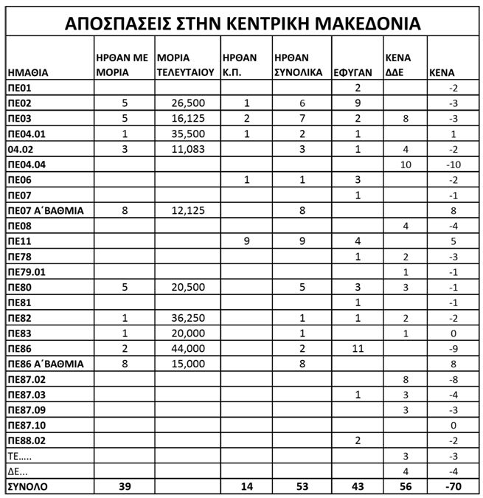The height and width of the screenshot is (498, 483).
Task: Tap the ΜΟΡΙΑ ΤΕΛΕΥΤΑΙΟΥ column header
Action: (185, 65)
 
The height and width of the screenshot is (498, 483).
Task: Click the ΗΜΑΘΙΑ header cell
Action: (28, 72)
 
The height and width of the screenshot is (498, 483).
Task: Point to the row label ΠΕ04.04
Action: (29, 164)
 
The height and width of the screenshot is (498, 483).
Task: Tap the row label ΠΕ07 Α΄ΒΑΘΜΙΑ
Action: (45, 210)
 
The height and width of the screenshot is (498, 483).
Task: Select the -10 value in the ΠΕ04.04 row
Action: (453, 164)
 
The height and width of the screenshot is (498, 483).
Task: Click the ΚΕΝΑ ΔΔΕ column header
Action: (398, 65)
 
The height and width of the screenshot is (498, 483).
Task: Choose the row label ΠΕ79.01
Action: (29, 272)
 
